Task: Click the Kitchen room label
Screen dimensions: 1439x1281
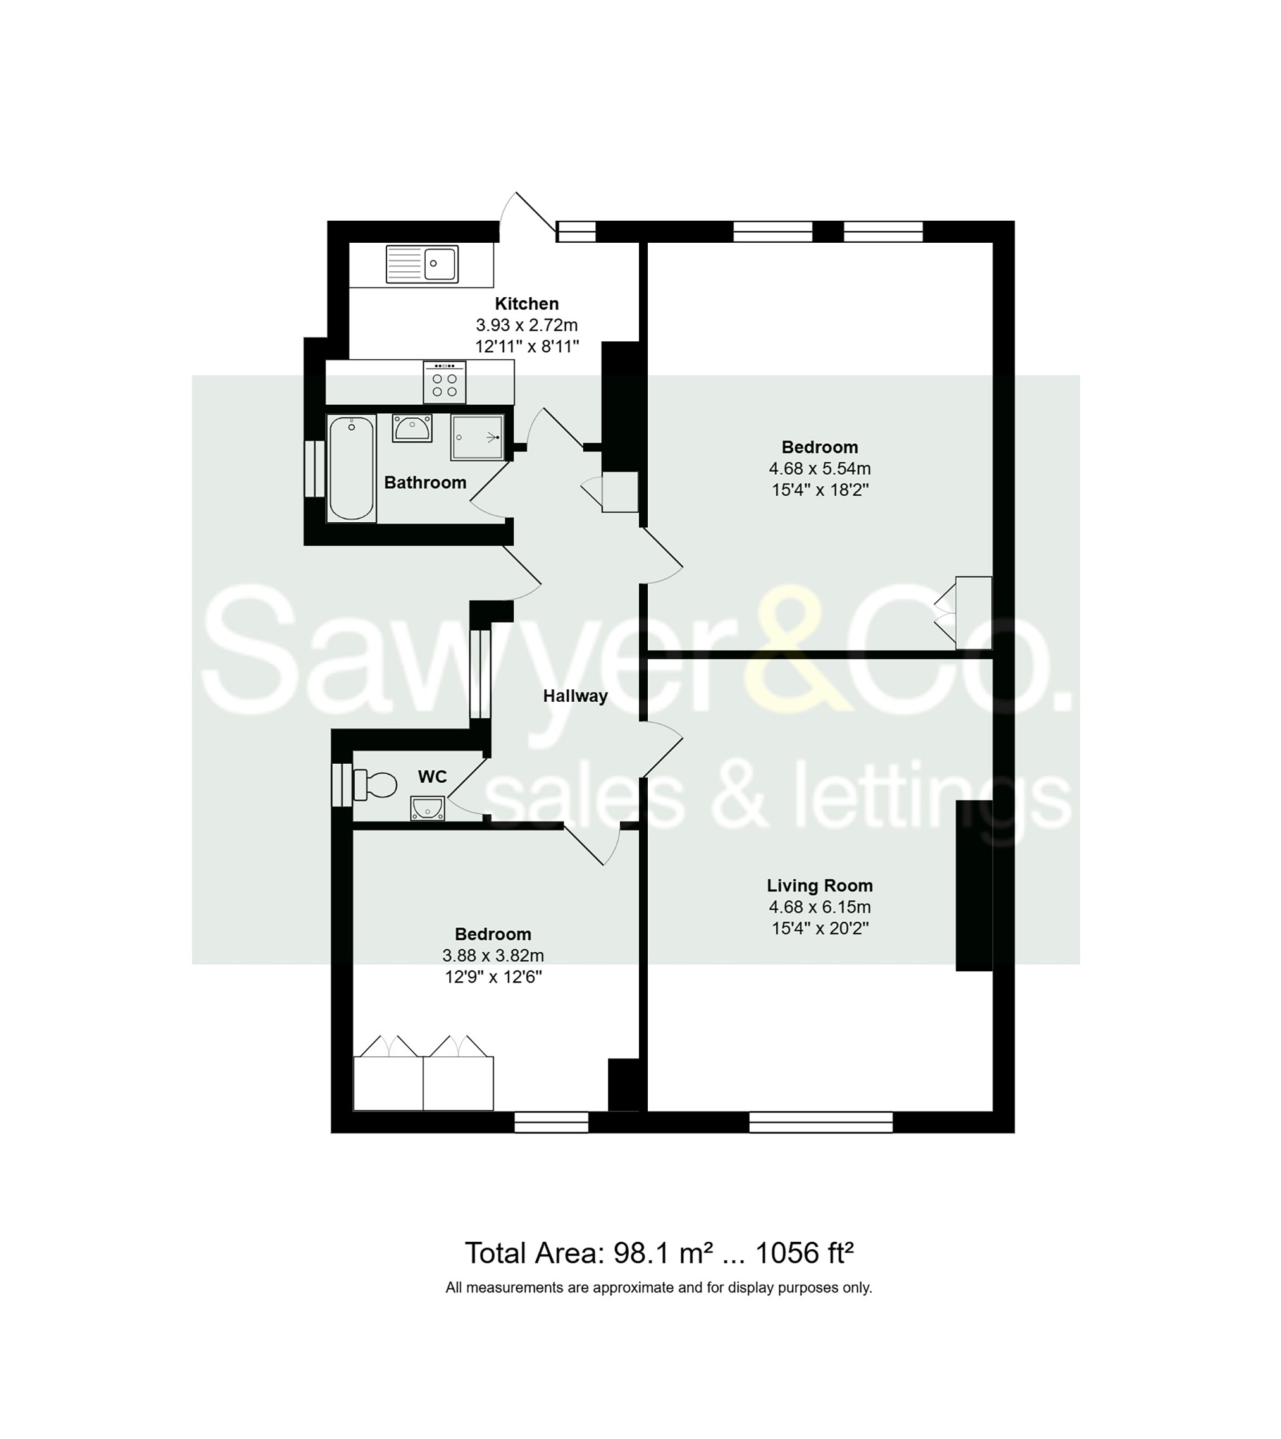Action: tap(526, 303)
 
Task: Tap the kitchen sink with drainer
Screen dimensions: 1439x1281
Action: tap(422, 264)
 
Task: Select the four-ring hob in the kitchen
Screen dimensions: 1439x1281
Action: tap(444, 383)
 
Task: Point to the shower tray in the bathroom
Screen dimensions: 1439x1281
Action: tap(478, 437)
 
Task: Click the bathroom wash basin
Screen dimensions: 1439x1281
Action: tap(412, 427)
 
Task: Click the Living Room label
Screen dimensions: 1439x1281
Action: tap(819, 886)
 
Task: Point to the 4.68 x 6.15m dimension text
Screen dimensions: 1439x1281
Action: tap(819, 907)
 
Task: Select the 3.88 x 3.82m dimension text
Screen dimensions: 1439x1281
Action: tap(493, 956)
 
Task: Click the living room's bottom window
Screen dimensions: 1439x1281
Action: tap(820, 1122)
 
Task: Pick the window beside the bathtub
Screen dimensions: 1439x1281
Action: tap(314, 469)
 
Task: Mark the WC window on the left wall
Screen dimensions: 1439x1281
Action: tap(342, 785)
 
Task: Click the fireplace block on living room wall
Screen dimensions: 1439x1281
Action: tap(974, 886)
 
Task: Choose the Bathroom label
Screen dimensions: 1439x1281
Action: tap(424, 483)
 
